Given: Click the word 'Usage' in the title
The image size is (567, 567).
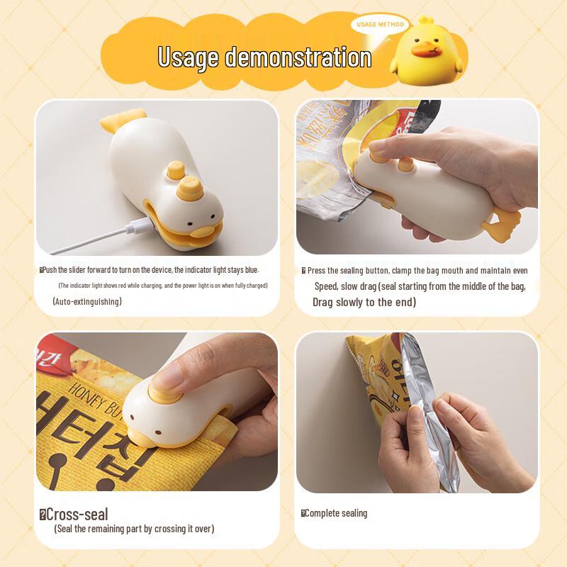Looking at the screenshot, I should [188, 57].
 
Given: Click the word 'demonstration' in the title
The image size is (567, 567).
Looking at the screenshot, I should [298, 57].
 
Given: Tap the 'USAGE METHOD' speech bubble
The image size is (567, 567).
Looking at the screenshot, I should [381, 25].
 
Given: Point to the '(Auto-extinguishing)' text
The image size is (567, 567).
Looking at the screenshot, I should [87, 301].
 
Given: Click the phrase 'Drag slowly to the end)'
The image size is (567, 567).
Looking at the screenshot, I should [364, 302].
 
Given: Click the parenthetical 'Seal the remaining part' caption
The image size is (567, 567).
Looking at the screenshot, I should [134, 529].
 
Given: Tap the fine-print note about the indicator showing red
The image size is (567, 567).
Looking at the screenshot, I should [162, 286].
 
